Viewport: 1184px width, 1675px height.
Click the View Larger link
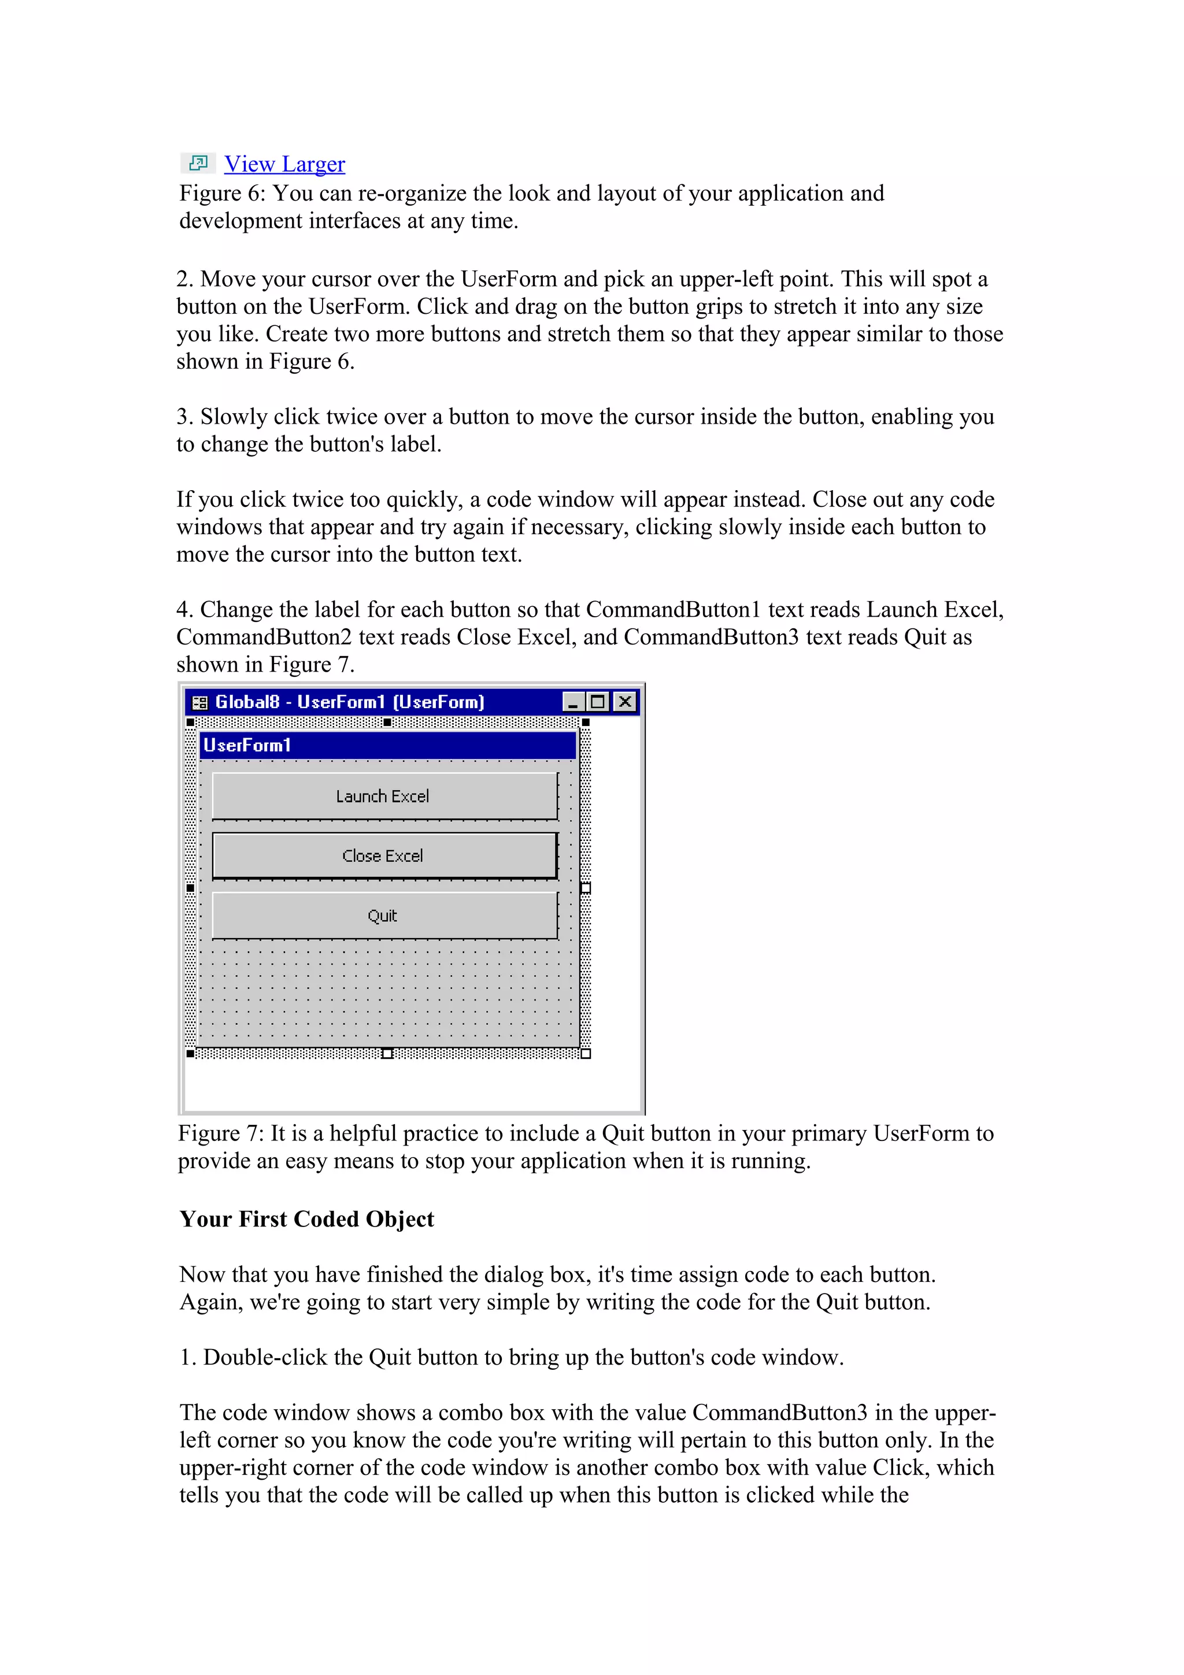point(284,164)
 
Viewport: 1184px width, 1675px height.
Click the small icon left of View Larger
point(198,162)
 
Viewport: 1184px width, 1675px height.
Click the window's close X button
point(625,702)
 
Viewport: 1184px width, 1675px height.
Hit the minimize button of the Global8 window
point(573,702)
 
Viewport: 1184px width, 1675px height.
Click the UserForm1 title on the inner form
point(247,746)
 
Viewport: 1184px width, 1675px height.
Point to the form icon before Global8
point(199,702)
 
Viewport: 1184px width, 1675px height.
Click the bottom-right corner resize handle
point(585,1054)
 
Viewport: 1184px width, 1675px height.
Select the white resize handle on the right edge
point(585,888)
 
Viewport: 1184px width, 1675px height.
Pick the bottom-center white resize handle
point(387,1054)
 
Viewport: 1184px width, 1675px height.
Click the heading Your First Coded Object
point(306,1219)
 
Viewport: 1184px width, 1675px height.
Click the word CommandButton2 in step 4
point(264,637)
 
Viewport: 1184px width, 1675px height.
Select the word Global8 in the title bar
point(247,702)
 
